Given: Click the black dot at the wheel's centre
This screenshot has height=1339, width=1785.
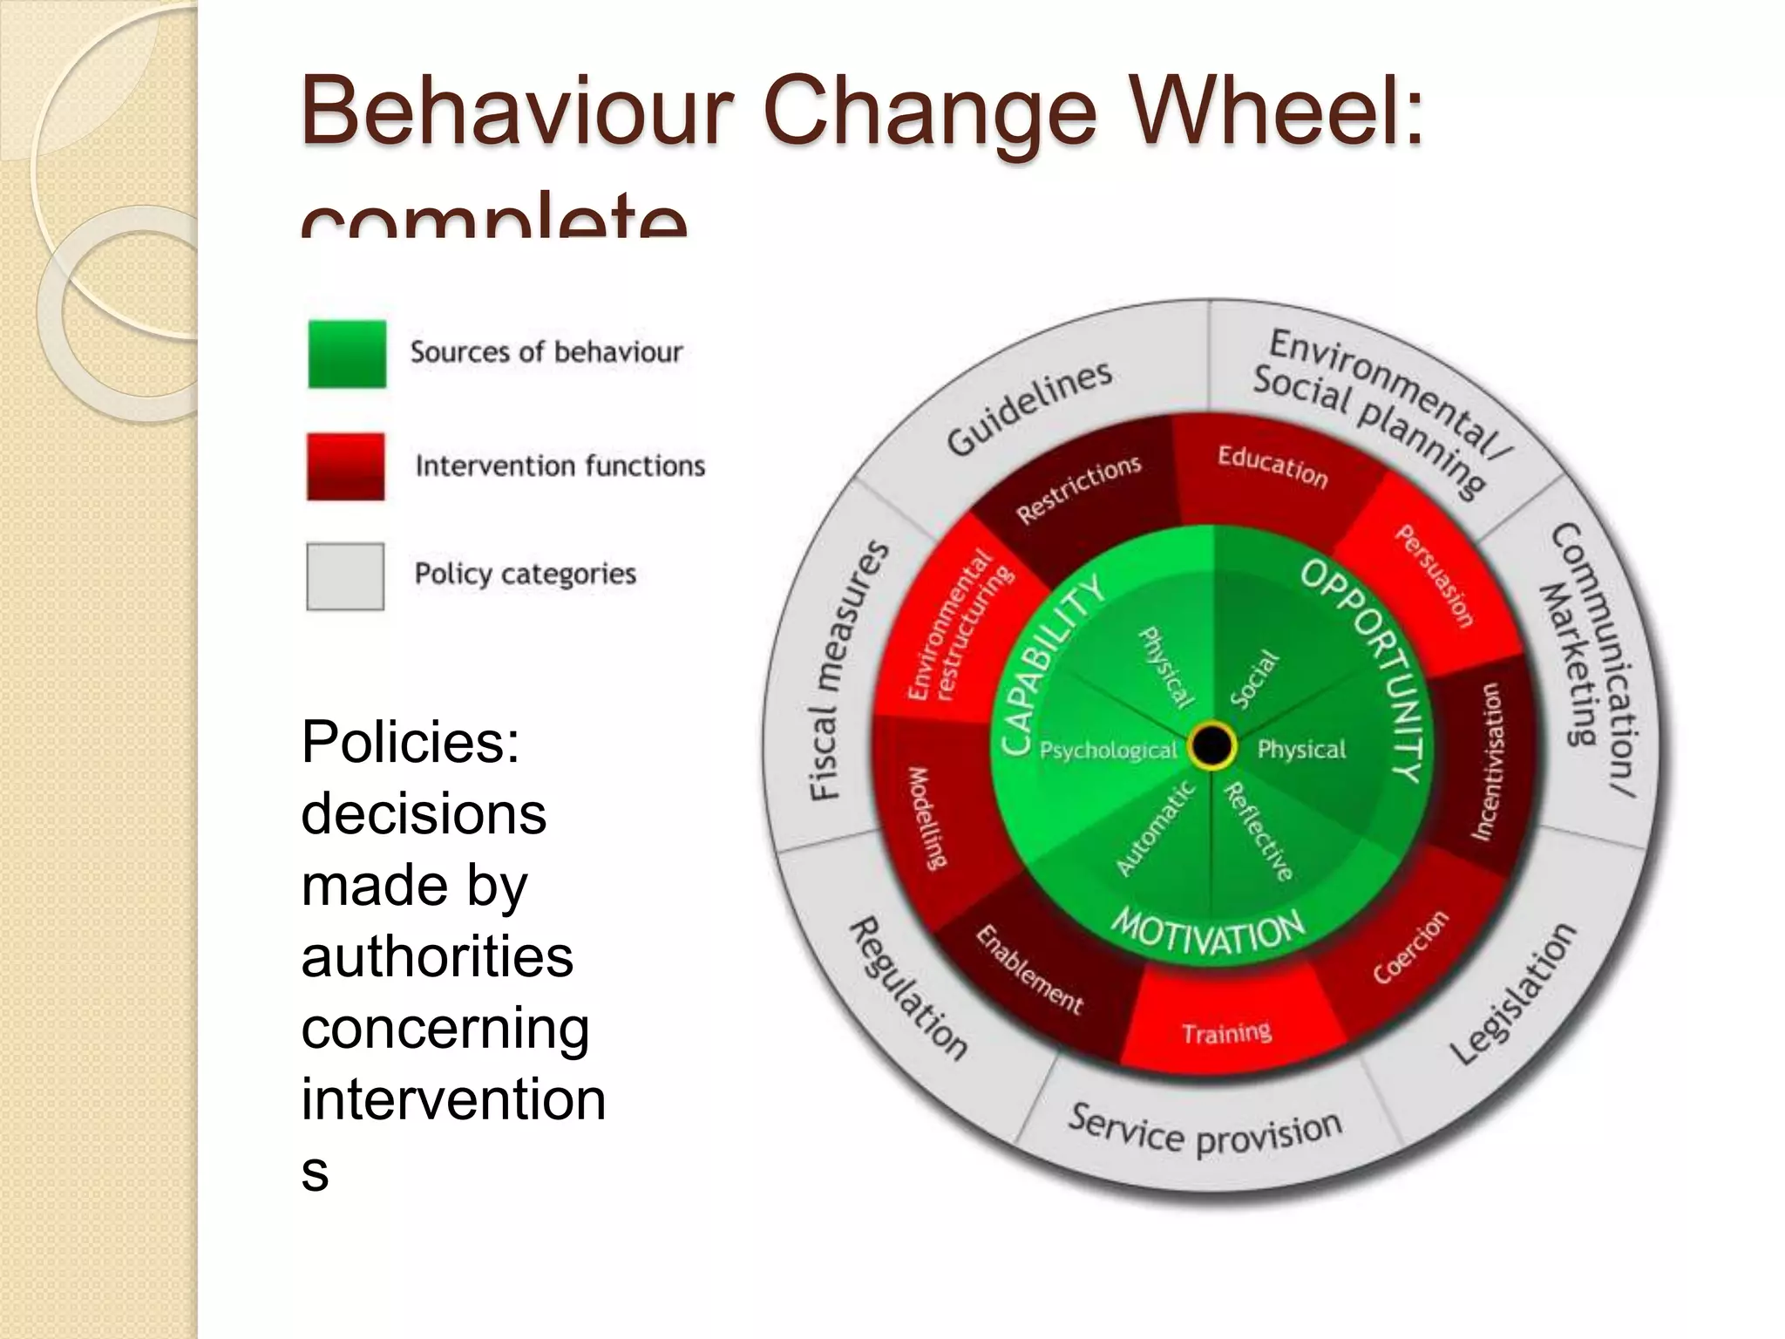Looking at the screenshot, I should click(x=1211, y=745).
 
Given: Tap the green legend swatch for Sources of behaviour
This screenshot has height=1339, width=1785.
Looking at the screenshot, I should click(x=347, y=354).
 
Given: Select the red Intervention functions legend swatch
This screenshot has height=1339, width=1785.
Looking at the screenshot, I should click(x=346, y=466).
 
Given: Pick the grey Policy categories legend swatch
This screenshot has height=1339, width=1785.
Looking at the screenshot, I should click(x=345, y=576).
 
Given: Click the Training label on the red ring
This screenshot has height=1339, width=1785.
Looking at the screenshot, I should click(x=1226, y=1034).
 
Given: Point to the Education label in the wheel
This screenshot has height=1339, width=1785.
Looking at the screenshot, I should click(x=1273, y=467).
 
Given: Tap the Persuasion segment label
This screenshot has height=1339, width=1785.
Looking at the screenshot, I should click(x=1435, y=575).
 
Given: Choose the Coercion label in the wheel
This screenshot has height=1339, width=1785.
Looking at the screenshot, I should click(x=1410, y=947).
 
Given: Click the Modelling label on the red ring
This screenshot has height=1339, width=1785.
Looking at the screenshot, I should click(x=926, y=818).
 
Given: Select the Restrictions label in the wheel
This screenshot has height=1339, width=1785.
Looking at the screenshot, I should click(x=1079, y=489).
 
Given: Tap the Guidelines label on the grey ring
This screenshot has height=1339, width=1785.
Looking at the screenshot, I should click(x=1029, y=408).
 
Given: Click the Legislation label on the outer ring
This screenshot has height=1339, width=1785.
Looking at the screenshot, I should click(x=1513, y=993).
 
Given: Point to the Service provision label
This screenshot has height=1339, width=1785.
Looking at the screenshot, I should click(x=1205, y=1133).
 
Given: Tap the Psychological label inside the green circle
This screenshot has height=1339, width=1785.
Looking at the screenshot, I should click(x=1108, y=750).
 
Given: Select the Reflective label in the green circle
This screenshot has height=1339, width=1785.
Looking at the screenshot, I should click(x=1259, y=832).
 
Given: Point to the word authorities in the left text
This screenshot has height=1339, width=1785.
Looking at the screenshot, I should click(x=438, y=956).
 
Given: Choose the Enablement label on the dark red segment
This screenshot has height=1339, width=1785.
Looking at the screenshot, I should click(x=1029, y=970).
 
